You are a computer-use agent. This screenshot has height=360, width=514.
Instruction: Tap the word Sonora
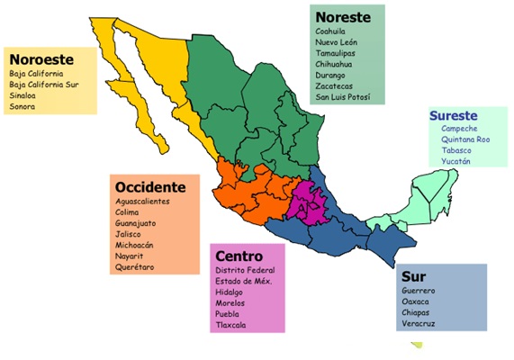23,105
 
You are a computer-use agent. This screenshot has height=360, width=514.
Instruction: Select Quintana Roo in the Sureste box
465,140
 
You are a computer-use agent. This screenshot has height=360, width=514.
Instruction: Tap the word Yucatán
456,162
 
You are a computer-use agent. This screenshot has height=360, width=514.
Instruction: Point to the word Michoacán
135,245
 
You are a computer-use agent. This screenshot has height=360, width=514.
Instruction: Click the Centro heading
239,255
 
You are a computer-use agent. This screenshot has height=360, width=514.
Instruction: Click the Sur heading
414,276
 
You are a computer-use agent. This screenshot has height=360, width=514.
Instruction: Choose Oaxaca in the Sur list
417,302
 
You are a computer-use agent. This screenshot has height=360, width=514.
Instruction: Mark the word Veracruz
420,324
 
